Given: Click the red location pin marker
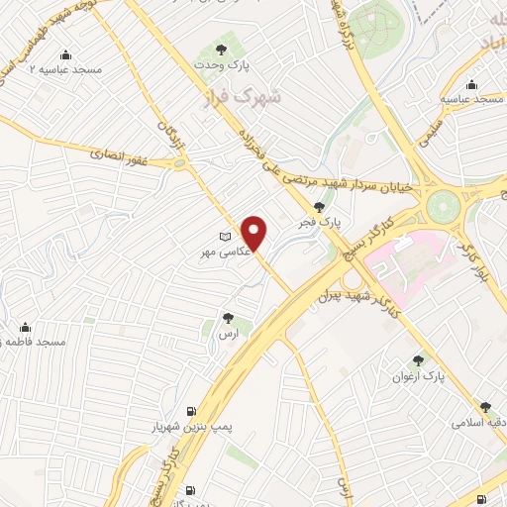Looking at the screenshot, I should (x=254, y=233).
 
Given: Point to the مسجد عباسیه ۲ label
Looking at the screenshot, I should (x=65, y=70).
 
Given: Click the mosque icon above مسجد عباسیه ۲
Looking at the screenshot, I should (x=65, y=54).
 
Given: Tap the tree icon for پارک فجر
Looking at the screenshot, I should (x=318, y=207).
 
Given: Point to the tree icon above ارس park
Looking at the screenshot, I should (x=229, y=319).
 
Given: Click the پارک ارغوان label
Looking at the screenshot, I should (x=420, y=377).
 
